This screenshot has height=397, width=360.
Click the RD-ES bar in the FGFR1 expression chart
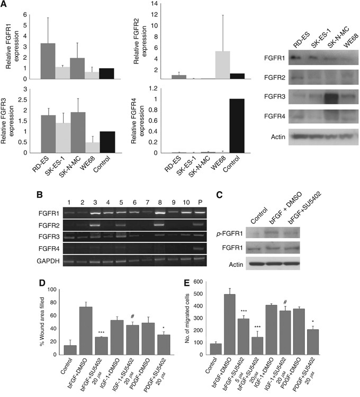(48, 61)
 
